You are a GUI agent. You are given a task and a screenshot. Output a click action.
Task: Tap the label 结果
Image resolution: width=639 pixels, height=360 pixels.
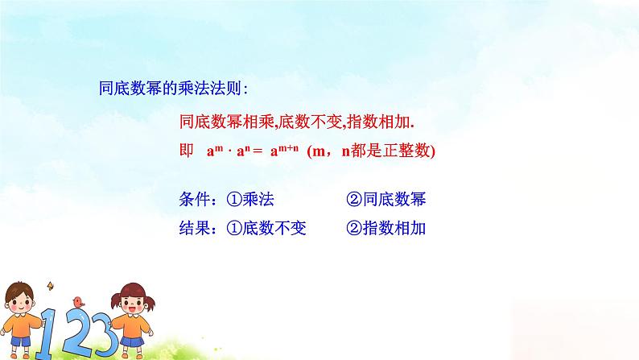[196, 229]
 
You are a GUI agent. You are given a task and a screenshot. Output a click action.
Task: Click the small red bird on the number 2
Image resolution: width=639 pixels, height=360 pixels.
[78, 301]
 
